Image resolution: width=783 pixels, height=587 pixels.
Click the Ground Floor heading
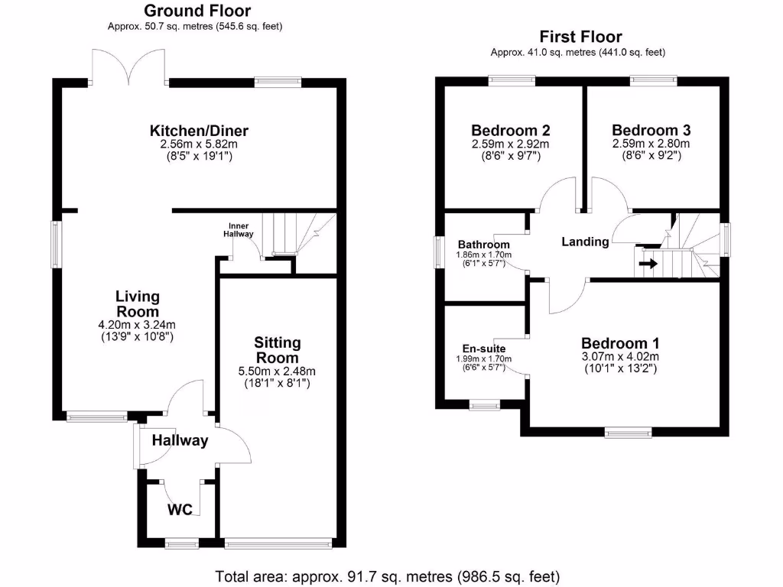click(197, 11)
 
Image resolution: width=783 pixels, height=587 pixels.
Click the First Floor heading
click(580, 37)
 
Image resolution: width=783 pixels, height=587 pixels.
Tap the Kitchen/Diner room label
click(199, 131)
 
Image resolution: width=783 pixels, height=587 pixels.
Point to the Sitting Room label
click(278, 350)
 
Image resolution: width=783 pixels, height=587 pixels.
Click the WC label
click(180, 510)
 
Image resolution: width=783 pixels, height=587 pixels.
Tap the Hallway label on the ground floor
click(180, 440)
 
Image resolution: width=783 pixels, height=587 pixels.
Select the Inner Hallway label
click(238, 230)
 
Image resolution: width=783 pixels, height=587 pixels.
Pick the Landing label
click(585, 242)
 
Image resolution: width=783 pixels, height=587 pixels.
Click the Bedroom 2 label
click(511, 130)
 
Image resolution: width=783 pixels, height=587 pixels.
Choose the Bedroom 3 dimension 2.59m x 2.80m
click(651, 144)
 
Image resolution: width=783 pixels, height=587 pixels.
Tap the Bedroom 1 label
click(620, 343)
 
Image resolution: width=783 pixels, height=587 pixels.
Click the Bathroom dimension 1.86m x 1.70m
click(483, 255)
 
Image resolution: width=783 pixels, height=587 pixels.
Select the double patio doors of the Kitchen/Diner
click(130, 67)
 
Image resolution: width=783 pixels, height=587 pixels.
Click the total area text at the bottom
click(388, 575)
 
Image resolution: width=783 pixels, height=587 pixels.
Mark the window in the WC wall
click(181, 544)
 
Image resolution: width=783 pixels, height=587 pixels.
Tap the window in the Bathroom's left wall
click(438, 251)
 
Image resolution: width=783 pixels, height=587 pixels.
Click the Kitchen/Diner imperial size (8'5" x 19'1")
click(199, 156)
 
